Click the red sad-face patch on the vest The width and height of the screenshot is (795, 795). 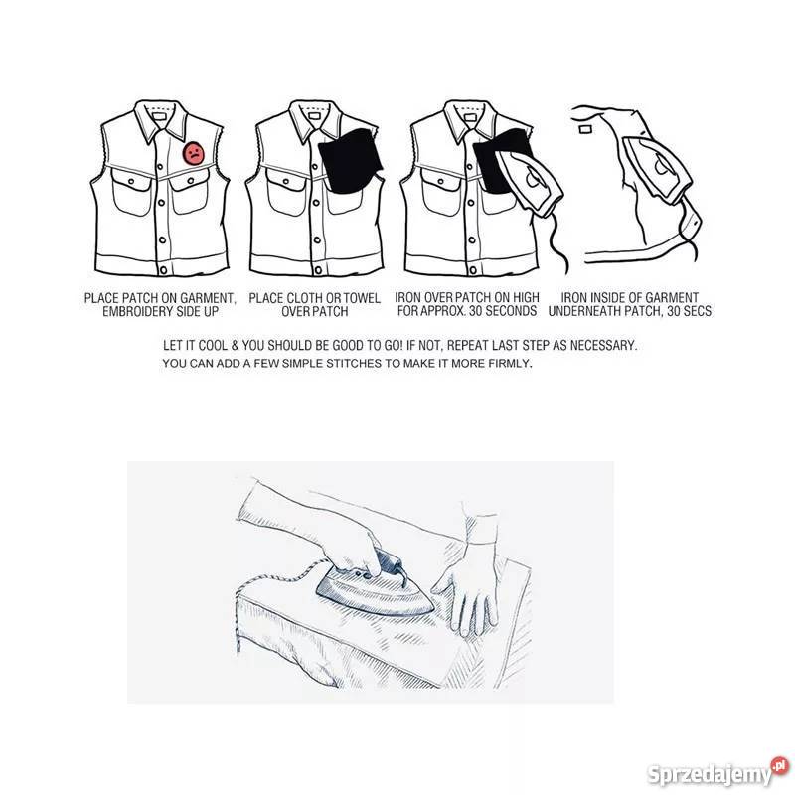pyautogui.click(x=194, y=153)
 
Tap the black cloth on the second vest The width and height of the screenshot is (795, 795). pyautogui.click(x=350, y=161)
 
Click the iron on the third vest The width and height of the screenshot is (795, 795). pyautogui.click(x=530, y=179)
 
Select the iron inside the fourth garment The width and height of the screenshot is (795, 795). pyautogui.click(x=657, y=170)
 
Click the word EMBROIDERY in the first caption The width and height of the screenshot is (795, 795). pyautogui.click(x=138, y=311)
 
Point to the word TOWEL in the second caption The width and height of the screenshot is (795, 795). pyautogui.click(x=362, y=298)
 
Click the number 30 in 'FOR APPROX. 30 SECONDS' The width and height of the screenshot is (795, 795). pyautogui.click(x=476, y=311)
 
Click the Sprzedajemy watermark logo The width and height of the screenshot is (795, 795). pyautogui.click(x=717, y=772)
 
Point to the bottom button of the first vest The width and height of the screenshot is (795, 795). pyautogui.click(x=163, y=270)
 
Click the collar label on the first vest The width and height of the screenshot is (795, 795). pyautogui.click(x=160, y=116)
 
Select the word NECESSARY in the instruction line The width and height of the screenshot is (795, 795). pyautogui.click(x=603, y=346)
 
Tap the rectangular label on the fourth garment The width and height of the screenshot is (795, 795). pyautogui.click(x=586, y=129)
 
